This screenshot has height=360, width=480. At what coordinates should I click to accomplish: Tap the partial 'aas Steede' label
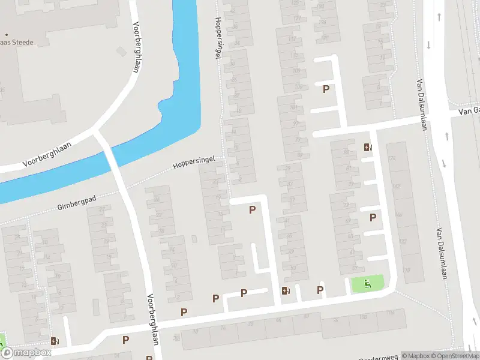point(16,43)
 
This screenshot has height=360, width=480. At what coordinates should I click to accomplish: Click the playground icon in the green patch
point(367,283)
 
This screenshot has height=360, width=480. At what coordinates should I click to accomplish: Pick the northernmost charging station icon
point(367,147)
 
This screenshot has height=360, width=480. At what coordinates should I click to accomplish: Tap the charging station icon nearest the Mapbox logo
point(55,341)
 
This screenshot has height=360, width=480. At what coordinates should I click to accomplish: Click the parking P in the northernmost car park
point(326,89)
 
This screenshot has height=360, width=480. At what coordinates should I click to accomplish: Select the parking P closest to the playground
point(320,290)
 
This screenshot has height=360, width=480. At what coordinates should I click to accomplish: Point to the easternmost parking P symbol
point(373,217)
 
